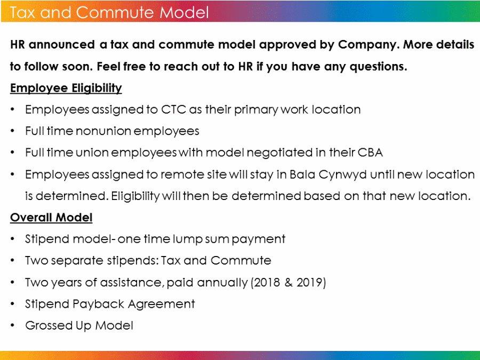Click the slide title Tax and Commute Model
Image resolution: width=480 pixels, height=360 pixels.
tap(109, 12)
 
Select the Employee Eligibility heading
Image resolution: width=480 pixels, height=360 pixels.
tap(66, 88)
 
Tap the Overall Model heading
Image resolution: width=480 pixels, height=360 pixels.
tap(51, 218)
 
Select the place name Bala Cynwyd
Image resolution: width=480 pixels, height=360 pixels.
tap(328, 174)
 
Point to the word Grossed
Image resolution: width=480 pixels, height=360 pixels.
tap(49, 325)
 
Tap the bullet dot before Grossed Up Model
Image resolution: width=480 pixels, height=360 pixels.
tap(12, 325)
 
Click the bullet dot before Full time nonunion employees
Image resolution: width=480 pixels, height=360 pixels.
tap(12, 131)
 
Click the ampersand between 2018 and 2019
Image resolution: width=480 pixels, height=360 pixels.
tap(289, 282)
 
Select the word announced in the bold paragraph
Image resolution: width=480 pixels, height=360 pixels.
tap(61, 45)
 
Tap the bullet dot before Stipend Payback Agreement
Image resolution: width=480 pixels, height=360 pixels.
tap(12, 304)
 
